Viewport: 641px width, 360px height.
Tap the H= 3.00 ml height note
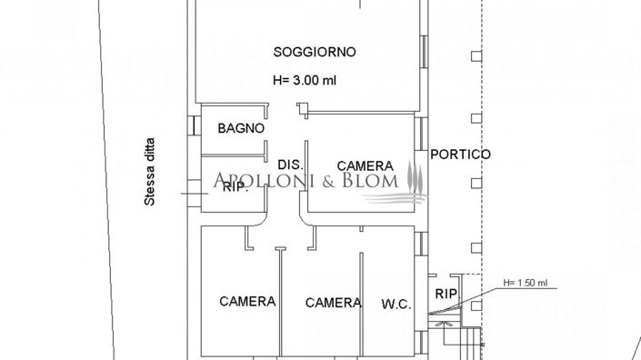(x=305, y=80)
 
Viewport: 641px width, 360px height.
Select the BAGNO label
(x=241, y=129)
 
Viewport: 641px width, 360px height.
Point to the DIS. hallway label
(x=289, y=165)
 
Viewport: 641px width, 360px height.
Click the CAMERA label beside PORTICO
(x=365, y=166)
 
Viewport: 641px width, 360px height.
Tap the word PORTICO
(x=460, y=155)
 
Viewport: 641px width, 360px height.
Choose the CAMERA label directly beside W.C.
(x=333, y=303)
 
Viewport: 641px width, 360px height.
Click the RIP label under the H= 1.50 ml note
(x=446, y=294)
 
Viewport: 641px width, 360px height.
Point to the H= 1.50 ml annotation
(x=526, y=283)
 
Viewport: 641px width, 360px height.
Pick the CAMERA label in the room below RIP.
(x=247, y=302)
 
